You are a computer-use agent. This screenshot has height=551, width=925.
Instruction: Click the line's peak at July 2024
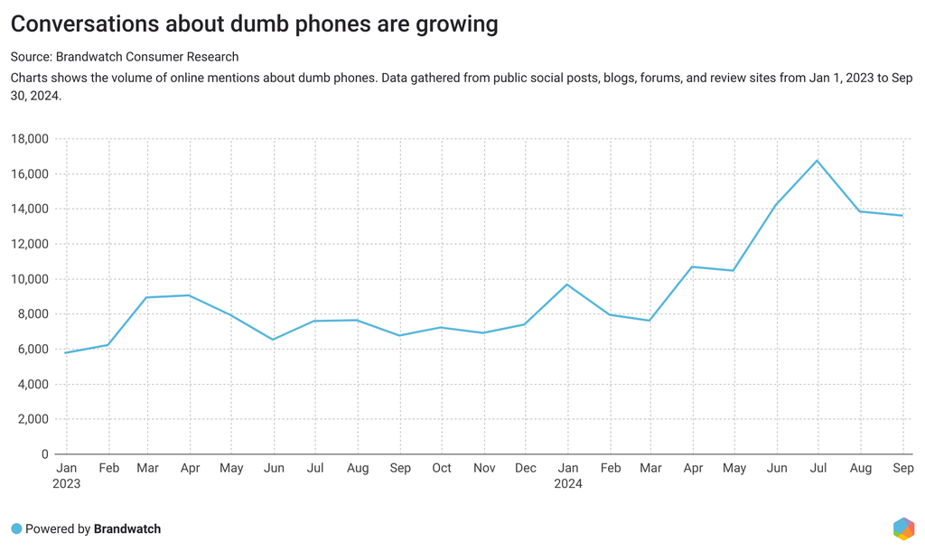(x=817, y=161)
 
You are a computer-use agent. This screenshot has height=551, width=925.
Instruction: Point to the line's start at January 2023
(x=66, y=352)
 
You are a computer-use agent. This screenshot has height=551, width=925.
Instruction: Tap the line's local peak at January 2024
(x=567, y=285)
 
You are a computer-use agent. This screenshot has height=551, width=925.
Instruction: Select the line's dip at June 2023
(x=274, y=340)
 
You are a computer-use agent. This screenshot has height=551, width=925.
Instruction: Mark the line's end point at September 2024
(x=902, y=216)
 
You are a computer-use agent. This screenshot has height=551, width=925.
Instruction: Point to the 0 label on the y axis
(x=43, y=454)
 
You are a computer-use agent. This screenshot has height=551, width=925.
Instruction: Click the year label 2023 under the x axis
(x=66, y=484)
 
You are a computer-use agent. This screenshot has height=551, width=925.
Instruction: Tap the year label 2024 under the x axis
(x=567, y=484)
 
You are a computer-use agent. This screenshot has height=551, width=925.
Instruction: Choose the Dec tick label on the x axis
(x=526, y=468)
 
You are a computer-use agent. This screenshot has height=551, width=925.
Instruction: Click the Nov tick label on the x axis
(x=484, y=468)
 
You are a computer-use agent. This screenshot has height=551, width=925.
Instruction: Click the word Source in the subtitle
(x=31, y=57)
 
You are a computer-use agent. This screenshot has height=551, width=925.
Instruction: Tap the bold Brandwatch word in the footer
(x=127, y=528)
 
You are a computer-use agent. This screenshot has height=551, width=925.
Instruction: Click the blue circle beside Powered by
(x=16, y=528)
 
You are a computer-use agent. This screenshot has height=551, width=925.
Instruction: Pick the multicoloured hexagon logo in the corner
(x=902, y=528)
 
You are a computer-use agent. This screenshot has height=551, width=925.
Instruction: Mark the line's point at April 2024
(x=692, y=266)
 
